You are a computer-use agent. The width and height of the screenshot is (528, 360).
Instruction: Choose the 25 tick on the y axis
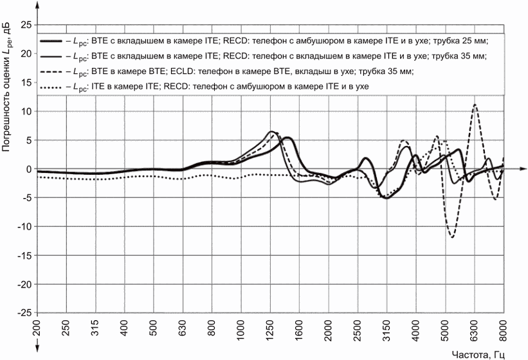pyautogui.click(x=26, y=25)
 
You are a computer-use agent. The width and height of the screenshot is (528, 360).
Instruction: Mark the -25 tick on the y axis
pyautogui.click(x=24, y=312)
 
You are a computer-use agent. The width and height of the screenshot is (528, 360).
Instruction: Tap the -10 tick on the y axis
pyautogui.click(x=24, y=226)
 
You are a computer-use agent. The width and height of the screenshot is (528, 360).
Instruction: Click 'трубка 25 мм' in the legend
pyautogui.click(x=461, y=41)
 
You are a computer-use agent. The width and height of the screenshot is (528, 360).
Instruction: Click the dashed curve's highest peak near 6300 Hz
pyautogui.click(x=475, y=105)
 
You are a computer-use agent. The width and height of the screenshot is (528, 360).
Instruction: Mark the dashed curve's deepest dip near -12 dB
pyautogui.click(x=452, y=237)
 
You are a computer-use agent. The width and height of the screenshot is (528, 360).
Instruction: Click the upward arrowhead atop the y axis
pyautogui.click(x=37, y=5)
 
